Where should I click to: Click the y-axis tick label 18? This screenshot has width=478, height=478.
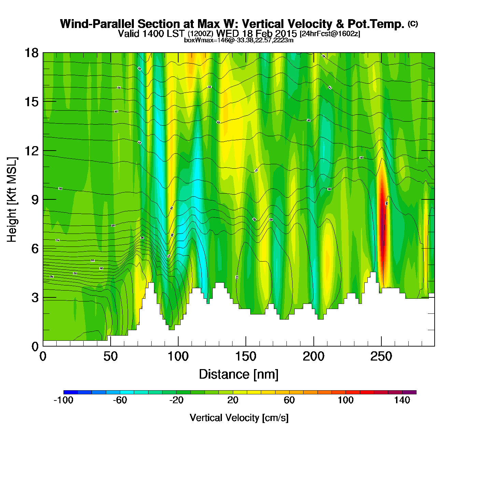pyautogui.click(x=31, y=53)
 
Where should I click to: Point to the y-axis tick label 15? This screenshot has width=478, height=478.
pyautogui.click(x=31, y=102)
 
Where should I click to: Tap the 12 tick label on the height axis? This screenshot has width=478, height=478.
pyautogui.click(x=31, y=151)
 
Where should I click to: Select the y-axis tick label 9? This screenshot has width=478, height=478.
pyautogui.click(x=35, y=200)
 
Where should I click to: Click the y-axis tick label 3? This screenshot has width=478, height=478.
pyautogui.click(x=35, y=298)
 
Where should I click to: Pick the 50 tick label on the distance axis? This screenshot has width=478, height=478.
pyautogui.click(x=110, y=357)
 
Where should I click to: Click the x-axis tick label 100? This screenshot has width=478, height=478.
pyautogui.click(x=178, y=357)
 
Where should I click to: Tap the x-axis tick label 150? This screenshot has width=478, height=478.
pyautogui.click(x=245, y=357)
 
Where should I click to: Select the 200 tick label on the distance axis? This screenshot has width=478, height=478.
pyautogui.click(x=313, y=357)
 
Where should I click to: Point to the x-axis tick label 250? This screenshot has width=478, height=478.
pyautogui.click(x=381, y=357)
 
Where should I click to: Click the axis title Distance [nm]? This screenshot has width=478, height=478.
pyautogui.click(x=239, y=375)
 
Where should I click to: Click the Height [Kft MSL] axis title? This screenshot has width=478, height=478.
pyautogui.click(x=12, y=200)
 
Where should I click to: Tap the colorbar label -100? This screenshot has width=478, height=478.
pyautogui.click(x=64, y=400)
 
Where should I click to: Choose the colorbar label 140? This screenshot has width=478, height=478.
pyautogui.click(x=402, y=400)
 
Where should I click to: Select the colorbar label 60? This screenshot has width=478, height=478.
pyautogui.click(x=289, y=400)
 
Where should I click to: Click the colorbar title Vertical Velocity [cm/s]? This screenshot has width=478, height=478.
pyautogui.click(x=239, y=418)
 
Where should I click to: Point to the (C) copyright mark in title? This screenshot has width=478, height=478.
pyautogui.click(x=413, y=23)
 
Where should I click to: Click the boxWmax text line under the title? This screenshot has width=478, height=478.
pyautogui.click(x=239, y=40)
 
